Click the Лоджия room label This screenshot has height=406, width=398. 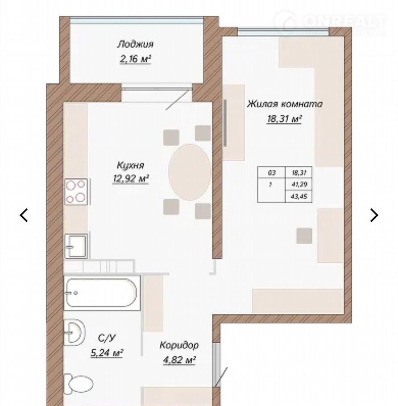pyautogui.click(x=135, y=44)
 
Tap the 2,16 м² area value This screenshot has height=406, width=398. pyautogui.click(x=135, y=59)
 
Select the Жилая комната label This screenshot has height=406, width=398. pyautogui.click(x=284, y=104)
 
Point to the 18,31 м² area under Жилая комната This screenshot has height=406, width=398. pyautogui.click(x=284, y=119)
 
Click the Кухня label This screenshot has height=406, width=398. pyautogui.click(x=130, y=165)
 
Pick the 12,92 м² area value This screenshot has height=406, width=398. pyautogui.click(x=130, y=178)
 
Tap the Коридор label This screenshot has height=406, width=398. pyautogui.click(x=179, y=345)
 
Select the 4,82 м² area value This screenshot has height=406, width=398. pyautogui.click(x=179, y=360)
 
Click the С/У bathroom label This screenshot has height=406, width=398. pyautogui.click(x=107, y=338)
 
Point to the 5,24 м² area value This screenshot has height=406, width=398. pyautogui.click(x=107, y=352)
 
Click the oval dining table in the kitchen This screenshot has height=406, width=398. pyautogui.click(x=190, y=172)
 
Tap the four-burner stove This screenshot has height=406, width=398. pyautogui.click(x=76, y=191)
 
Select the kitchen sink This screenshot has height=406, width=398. pyautogui.click(x=76, y=246)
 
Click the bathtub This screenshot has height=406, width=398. pyautogui.click(x=102, y=293)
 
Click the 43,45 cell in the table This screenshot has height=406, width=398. pyautogui.click(x=299, y=196)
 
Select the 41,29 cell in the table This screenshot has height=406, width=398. pyautogui.click(x=299, y=184)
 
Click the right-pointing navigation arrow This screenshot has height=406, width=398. pyautogui.click(x=374, y=215)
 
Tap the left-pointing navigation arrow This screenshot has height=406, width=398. pyautogui.click(x=24, y=215)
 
